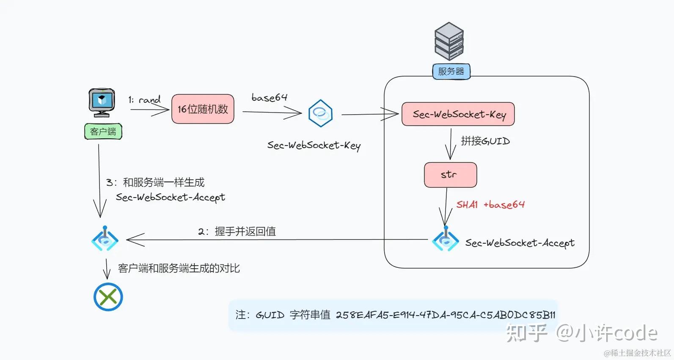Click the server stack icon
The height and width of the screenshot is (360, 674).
point(449,41)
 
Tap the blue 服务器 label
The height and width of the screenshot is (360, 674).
point(451,71)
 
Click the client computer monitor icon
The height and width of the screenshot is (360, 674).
point(102,102)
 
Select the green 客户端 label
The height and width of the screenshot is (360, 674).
point(103,132)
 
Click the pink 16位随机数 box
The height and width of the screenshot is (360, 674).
point(203,109)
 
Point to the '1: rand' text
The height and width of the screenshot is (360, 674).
point(144,100)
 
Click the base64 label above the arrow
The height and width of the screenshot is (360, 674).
point(269,98)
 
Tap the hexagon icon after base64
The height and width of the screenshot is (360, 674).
point(320,113)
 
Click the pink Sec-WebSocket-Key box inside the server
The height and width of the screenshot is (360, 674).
point(458,114)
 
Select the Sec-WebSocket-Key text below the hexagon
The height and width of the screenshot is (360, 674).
point(314,146)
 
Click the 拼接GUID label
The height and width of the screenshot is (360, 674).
point(485,141)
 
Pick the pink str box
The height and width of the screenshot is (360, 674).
point(450,175)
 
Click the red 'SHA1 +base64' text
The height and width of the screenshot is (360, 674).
point(490,205)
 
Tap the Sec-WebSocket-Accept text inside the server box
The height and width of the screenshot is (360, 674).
point(520,243)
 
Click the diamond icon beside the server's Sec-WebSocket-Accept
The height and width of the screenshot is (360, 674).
point(445,239)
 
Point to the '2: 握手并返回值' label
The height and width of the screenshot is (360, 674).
point(237,231)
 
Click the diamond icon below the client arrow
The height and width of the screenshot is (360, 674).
point(105,239)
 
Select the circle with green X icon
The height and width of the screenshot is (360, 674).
point(108,297)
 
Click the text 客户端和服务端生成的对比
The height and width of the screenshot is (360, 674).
point(179,268)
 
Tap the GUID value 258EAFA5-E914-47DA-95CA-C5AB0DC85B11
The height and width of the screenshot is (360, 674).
point(445,315)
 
